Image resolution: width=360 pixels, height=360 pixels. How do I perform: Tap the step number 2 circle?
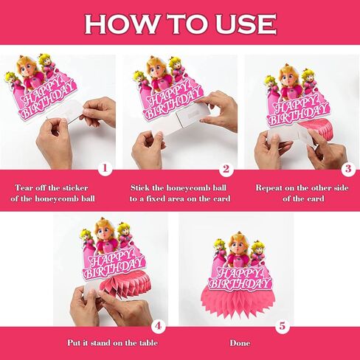226,168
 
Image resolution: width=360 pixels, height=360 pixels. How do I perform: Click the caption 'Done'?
240,343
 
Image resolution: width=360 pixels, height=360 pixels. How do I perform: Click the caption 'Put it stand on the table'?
114,343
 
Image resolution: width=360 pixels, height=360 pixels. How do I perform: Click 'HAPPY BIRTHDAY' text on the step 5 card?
239,275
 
